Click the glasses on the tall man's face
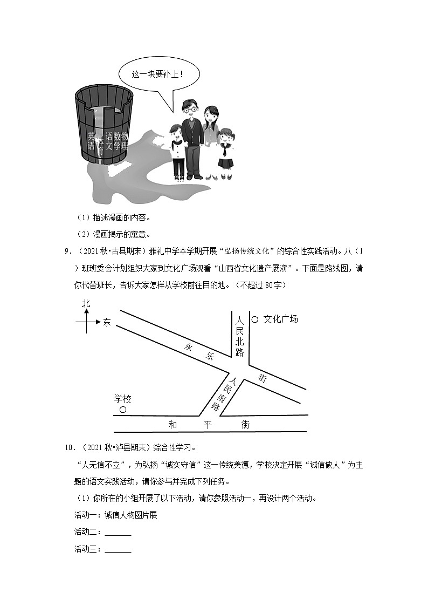coord(189,110)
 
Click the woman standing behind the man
coord(210,135)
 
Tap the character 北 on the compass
coord(86,304)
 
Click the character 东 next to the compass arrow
coord(107,323)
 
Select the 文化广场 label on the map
coord(280,319)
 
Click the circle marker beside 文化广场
coord(255,319)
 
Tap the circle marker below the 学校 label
coord(122,410)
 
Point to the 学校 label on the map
coord(123,399)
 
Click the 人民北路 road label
coord(240,336)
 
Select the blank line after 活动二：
coord(118,533)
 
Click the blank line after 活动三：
coord(118,549)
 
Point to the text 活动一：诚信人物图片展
coord(115,515)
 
